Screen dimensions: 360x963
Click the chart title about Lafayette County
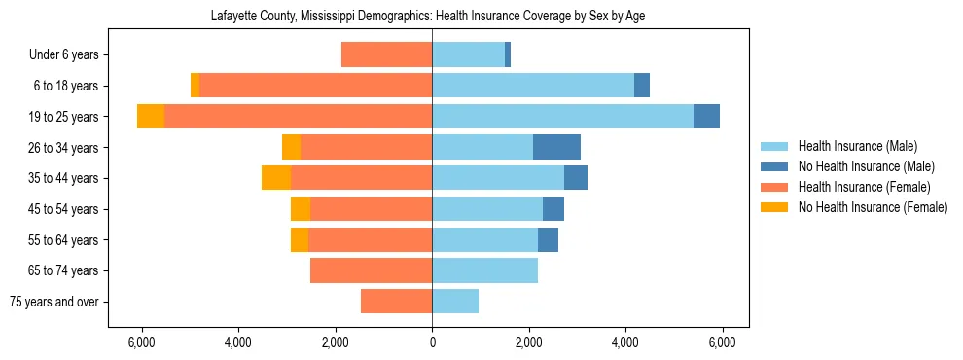click(428, 16)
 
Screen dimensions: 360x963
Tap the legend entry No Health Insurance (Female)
click(872, 207)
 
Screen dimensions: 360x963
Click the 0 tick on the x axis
click(432, 342)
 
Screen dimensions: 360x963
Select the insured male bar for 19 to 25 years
click(562, 117)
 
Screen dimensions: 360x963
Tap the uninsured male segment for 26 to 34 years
click(556, 148)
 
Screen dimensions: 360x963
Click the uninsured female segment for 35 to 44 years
click(276, 178)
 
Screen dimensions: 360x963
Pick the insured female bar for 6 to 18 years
click(315, 86)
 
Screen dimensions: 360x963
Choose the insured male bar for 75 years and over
click(455, 302)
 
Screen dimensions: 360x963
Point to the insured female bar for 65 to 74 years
click(371, 270)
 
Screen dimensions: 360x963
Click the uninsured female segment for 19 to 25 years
click(151, 117)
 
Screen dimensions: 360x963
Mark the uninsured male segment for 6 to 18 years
click(642, 86)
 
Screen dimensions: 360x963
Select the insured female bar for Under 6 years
click(386, 55)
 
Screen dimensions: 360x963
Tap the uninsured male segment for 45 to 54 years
click(553, 209)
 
